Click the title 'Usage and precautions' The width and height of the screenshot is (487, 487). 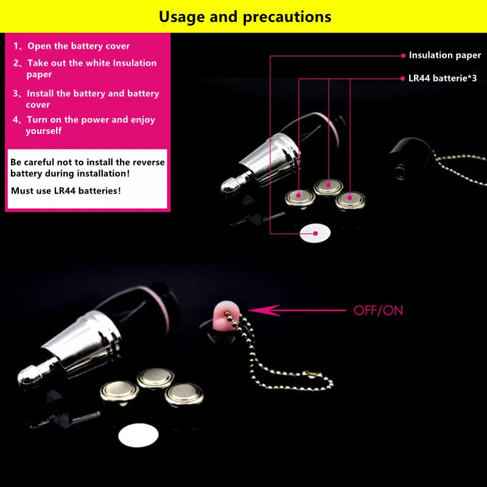[x=245, y=16]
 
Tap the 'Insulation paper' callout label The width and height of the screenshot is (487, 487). [x=444, y=55]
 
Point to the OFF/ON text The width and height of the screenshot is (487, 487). [x=378, y=310]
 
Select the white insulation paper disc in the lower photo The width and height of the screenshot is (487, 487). [x=138, y=436]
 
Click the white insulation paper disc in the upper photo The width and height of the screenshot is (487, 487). [x=315, y=233]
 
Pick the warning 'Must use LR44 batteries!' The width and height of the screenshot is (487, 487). [x=66, y=191]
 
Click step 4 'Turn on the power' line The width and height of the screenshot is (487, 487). [x=90, y=120]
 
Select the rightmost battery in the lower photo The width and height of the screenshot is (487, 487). [x=184, y=394]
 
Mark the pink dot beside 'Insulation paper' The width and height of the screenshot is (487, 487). [x=403, y=55]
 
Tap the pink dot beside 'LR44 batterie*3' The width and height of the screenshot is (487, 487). [x=403, y=79]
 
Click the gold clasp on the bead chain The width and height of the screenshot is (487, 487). [x=314, y=372]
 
